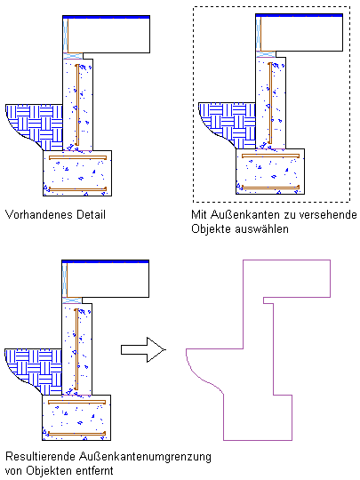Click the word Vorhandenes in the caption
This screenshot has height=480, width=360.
point(39,214)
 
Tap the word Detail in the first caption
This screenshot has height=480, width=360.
point(91,214)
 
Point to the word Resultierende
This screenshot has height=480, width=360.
point(41,456)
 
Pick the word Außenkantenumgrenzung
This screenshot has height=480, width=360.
point(145,457)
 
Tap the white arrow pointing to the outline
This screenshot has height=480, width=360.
point(143,350)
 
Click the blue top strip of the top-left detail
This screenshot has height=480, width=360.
point(107,17)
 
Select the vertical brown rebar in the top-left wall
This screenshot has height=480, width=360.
point(77,105)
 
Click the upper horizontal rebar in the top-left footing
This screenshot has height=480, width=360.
point(77,157)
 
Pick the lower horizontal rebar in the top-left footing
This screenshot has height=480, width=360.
point(77,189)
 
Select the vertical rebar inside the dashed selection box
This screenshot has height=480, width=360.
point(270,103)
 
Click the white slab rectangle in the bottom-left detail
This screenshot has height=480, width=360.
point(108,280)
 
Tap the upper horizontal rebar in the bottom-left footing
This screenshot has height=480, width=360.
point(76,403)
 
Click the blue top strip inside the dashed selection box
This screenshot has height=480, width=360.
point(299,15)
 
